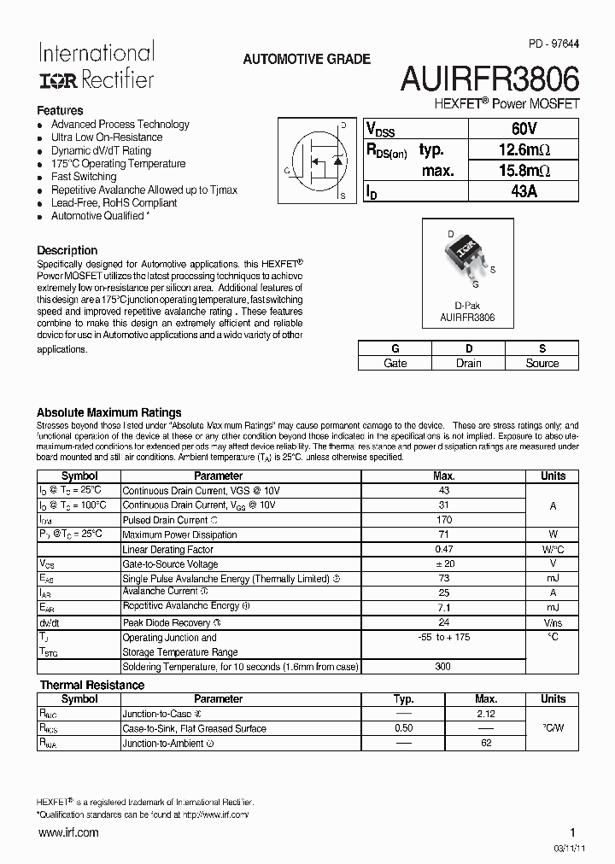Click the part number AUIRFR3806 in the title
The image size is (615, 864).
(x=490, y=79)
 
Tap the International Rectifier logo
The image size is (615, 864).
(x=96, y=66)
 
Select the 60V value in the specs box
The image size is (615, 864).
(x=523, y=128)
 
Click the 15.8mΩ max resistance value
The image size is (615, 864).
(x=523, y=171)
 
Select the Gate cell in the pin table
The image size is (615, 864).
(x=395, y=363)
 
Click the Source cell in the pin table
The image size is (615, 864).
(x=542, y=363)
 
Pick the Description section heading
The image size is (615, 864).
(x=67, y=250)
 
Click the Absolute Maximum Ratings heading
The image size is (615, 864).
(x=109, y=412)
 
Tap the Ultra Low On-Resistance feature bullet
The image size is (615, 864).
(x=107, y=137)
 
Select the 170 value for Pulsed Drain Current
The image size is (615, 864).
(x=443, y=520)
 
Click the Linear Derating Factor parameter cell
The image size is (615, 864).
(x=168, y=550)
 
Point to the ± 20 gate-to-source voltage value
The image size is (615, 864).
(x=443, y=564)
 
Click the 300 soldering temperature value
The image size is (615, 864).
(x=443, y=666)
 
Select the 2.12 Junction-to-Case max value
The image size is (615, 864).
(x=486, y=714)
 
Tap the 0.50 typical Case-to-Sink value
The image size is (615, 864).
(x=403, y=728)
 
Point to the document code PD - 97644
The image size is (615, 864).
(x=553, y=44)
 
